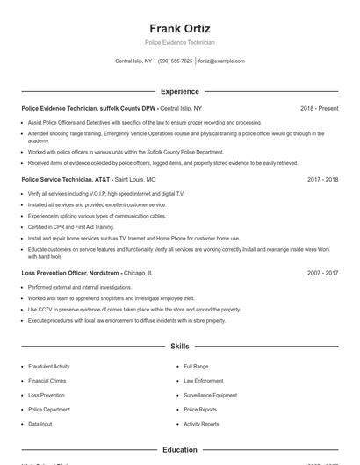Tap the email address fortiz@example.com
coord(221,61)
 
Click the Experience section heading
coord(180,91)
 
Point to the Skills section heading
coord(180,347)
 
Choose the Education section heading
coord(180,450)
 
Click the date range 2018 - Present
coord(319,108)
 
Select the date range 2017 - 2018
coord(322,179)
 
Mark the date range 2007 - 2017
coord(322,273)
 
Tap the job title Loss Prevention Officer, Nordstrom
coord(70,273)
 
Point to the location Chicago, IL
coord(138,273)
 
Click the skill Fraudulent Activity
coord(48,366)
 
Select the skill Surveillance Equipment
coord(210,395)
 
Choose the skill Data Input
coord(40,424)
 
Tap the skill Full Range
coord(196,366)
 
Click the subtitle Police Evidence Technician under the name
coord(180,42)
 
